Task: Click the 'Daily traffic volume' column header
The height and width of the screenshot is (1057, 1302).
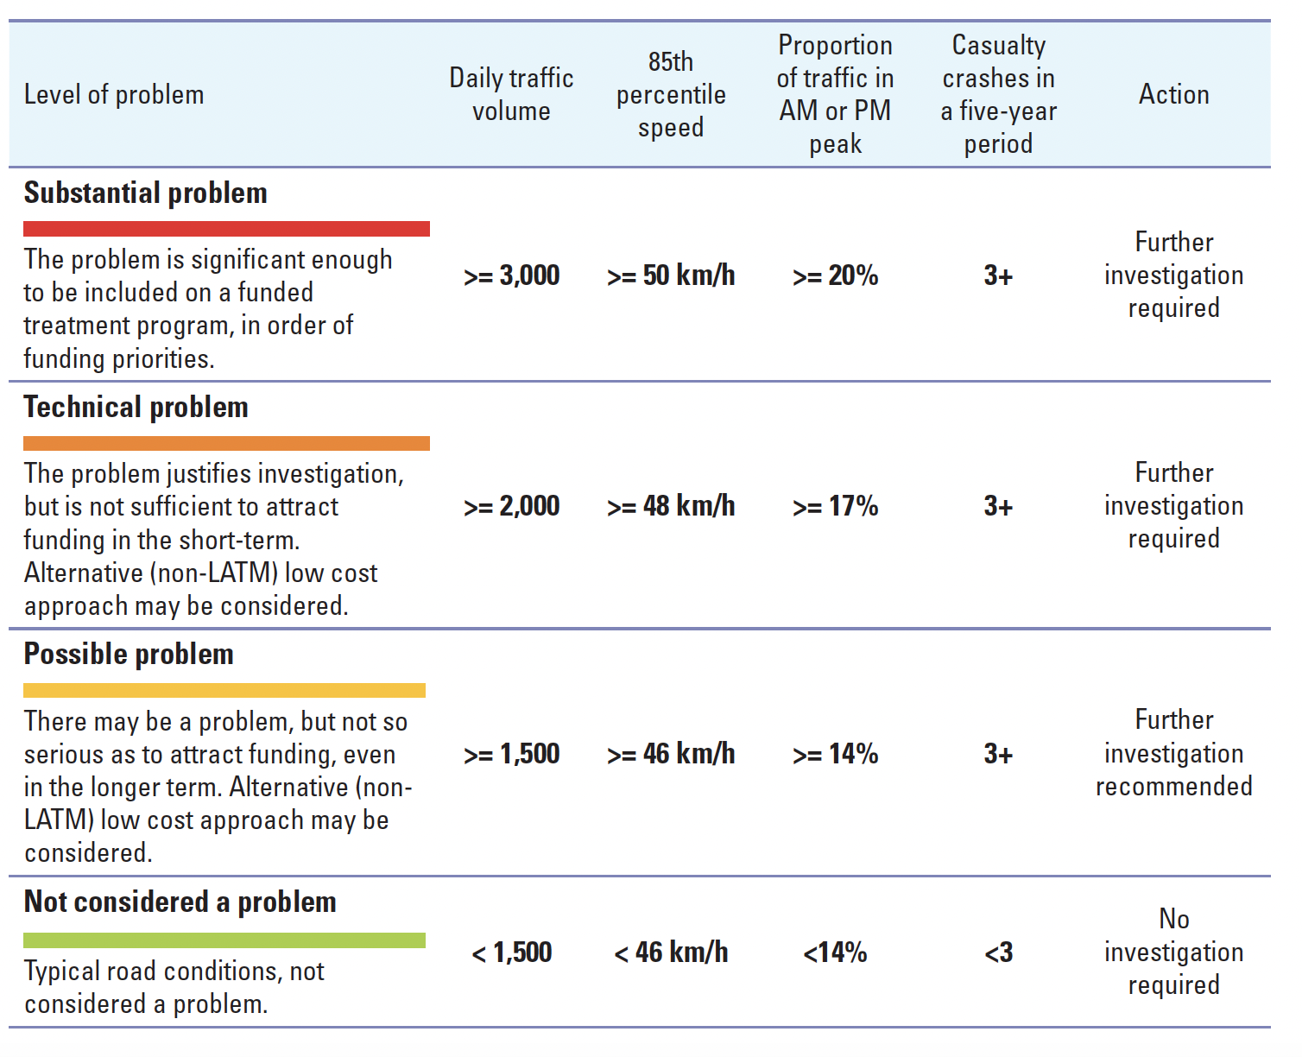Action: pyautogui.click(x=511, y=94)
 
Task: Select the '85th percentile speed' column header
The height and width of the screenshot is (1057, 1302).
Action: pyautogui.click(x=671, y=94)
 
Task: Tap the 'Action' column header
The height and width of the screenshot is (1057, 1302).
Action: pyautogui.click(x=1173, y=94)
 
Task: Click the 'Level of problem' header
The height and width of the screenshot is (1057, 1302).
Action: pyautogui.click(x=114, y=94)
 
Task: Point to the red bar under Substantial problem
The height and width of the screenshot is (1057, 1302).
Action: pyautogui.click(x=226, y=229)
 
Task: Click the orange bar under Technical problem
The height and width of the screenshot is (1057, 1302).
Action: pyautogui.click(x=226, y=443)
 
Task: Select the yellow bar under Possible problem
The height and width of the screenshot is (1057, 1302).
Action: pyautogui.click(x=224, y=690)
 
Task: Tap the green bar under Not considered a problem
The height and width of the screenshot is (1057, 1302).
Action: pyautogui.click(x=224, y=940)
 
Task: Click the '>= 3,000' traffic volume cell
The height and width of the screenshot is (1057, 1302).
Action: pyautogui.click(x=511, y=275)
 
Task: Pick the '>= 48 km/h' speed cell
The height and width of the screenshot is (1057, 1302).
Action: pyautogui.click(x=671, y=506)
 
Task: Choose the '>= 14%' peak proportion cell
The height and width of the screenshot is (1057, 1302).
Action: pyautogui.click(x=835, y=754)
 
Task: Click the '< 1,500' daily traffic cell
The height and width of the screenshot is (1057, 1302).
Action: pyautogui.click(x=511, y=953)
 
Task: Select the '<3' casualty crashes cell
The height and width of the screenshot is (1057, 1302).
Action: pyautogui.click(x=998, y=953)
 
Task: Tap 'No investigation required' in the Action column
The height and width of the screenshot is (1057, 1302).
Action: pyautogui.click(x=1173, y=952)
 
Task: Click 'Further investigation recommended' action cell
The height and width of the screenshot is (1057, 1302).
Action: pyautogui.click(x=1173, y=753)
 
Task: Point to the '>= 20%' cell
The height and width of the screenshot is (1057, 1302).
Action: pyautogui.click(x=835, y=275)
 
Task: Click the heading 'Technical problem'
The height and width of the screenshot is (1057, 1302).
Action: pyautogui.click(x=136, y=407)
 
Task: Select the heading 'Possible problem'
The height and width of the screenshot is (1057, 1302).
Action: pyautogui.click(x=129, y=654)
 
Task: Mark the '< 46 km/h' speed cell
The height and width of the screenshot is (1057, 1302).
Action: pyautogui.click(x=671, y=953)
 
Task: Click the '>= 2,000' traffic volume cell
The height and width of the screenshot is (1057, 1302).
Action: pyautogui.click(x=511, y=506)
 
